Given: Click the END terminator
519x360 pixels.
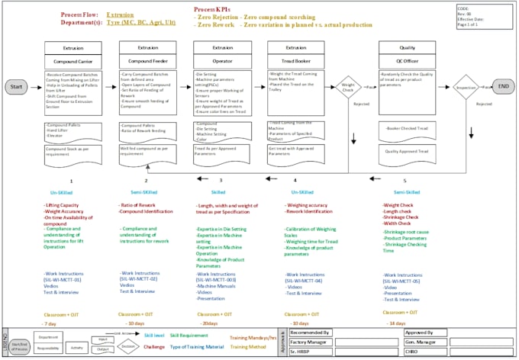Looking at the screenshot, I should pyautogui.click(x=504, y=86).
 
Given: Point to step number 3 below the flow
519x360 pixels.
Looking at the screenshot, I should pyautogui.click(x=221, y=181).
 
